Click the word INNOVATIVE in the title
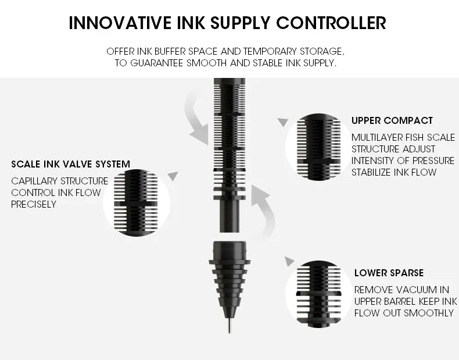coord(120,23)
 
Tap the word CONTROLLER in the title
coord(331,23)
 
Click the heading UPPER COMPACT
coord(392,120)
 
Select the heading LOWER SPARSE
coord(389,273)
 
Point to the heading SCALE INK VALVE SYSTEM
coord(70,164)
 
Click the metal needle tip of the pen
coord(229,326)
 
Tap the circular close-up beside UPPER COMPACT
coord(318,147)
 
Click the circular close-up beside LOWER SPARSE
coord(318,294)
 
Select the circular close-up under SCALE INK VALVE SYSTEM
coord(137,203)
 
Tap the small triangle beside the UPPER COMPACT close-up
coord(283,122)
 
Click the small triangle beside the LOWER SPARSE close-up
coord(289,261)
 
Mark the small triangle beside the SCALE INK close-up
coord(173,176)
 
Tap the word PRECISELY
coord(34,204)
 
